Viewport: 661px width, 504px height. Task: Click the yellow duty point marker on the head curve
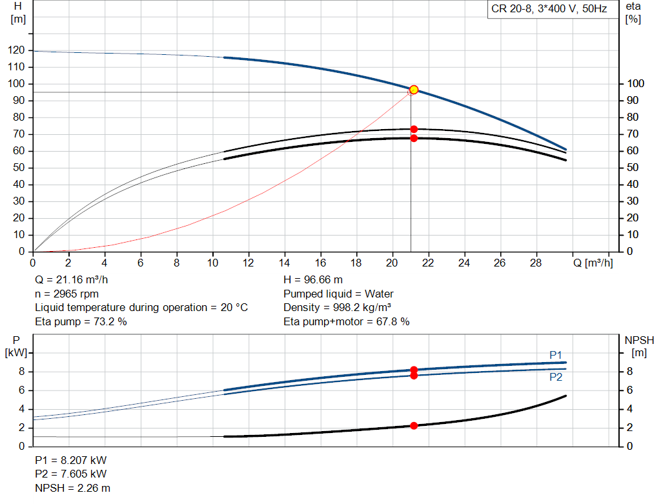[414, 90]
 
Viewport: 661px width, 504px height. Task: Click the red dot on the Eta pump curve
[414, 129]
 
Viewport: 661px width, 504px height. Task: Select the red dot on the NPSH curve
[414, 425]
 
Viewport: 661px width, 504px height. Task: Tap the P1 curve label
[556, 355]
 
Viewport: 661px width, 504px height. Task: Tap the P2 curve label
[556, 377]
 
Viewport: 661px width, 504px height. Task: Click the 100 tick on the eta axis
[635, 84]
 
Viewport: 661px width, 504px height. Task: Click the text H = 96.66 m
[313, 280]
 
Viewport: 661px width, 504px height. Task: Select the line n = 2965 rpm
[66, 294]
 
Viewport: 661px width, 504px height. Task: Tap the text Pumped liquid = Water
[338, 294]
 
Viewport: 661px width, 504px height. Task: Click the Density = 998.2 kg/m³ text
[338, 307]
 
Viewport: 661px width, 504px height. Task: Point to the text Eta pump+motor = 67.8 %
[346, 321]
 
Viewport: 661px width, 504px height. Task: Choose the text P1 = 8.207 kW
[71, 461]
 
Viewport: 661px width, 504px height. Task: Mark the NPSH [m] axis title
[639, 346]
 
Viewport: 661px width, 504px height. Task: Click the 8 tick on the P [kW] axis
[22, 372]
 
